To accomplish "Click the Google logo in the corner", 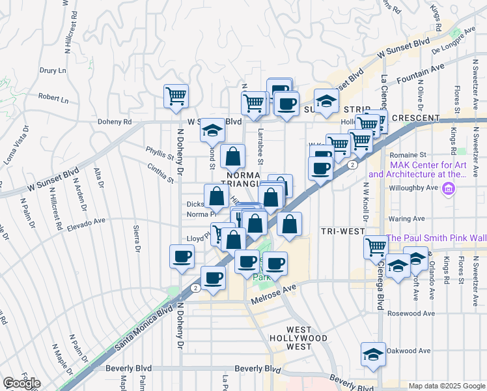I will [22, 383].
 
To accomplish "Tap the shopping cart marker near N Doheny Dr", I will [176, 96].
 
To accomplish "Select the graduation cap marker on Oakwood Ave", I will [373, 354].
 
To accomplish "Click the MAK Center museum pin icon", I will [447, 190].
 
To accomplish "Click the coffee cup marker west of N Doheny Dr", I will [182, 256].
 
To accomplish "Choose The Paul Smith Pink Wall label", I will [436, 239].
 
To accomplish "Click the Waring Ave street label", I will [408, 219].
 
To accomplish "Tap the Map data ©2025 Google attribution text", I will [446, 386].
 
